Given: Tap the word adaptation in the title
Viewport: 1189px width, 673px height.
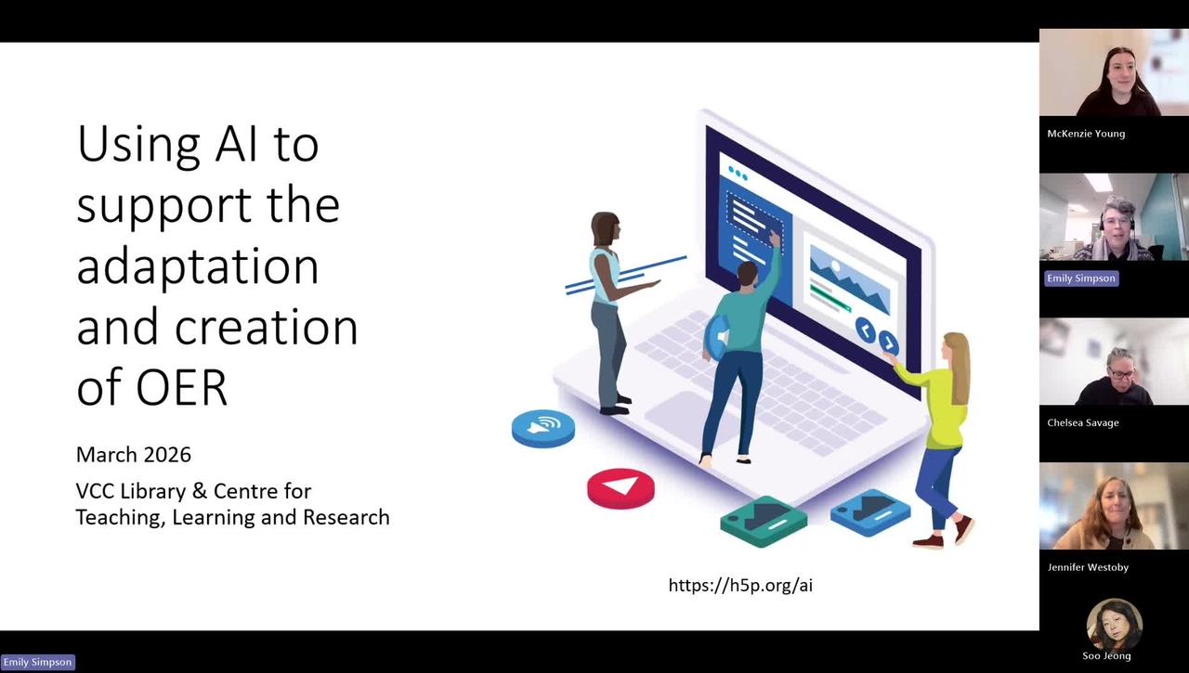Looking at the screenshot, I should point(197,266).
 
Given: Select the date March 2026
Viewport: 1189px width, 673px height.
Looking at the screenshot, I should point(134,455).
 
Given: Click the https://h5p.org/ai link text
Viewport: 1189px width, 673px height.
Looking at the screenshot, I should point(740,585).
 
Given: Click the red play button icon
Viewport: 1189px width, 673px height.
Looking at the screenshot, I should point(621,487).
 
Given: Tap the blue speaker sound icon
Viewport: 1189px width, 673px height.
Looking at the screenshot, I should point(543,427).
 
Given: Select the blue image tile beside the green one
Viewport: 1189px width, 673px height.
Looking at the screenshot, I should point(869,510).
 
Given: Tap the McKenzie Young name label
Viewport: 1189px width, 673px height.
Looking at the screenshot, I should point(1086,134).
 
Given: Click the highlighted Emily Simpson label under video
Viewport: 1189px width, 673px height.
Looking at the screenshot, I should point(1081,278).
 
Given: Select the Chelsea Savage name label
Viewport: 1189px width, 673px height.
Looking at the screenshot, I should point(1083,423).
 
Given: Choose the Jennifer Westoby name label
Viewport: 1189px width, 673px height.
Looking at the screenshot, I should point(1088,567).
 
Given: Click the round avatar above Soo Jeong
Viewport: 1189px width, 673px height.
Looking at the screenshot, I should point(1114,624).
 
